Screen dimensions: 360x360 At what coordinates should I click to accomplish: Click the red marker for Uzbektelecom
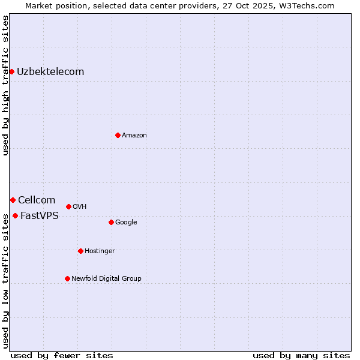click(11, 72)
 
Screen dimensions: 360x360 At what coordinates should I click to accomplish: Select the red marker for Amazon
click(118, 135)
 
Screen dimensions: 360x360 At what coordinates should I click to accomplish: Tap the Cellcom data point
click(13, 200)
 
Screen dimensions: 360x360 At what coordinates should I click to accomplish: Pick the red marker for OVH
click(68, 206)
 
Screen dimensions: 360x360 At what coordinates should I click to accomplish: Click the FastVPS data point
click(15, 215)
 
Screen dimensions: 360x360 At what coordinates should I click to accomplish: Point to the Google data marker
click(111, 222)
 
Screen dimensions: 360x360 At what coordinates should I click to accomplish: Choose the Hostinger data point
click(80, 251)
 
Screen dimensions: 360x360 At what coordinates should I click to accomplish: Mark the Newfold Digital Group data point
click(67, 278)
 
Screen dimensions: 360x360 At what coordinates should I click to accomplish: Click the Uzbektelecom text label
click(50, 72)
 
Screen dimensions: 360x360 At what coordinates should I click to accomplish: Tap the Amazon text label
click(134, 136)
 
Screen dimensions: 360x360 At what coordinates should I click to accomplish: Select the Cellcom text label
click(37, 200)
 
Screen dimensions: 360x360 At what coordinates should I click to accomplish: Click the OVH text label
click(80, 207)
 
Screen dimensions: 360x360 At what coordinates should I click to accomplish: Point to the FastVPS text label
click(40, 216)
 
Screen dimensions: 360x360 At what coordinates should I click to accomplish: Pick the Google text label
click(126, 223)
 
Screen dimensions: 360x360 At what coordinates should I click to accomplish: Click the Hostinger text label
click(100, 251)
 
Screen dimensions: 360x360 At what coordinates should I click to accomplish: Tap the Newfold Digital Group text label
click(106, 279)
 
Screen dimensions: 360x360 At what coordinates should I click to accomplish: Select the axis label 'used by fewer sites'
click(62, 355)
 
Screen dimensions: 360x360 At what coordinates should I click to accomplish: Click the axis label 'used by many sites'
click(301, 355)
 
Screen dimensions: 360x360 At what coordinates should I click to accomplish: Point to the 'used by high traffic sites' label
click(5, 85)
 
